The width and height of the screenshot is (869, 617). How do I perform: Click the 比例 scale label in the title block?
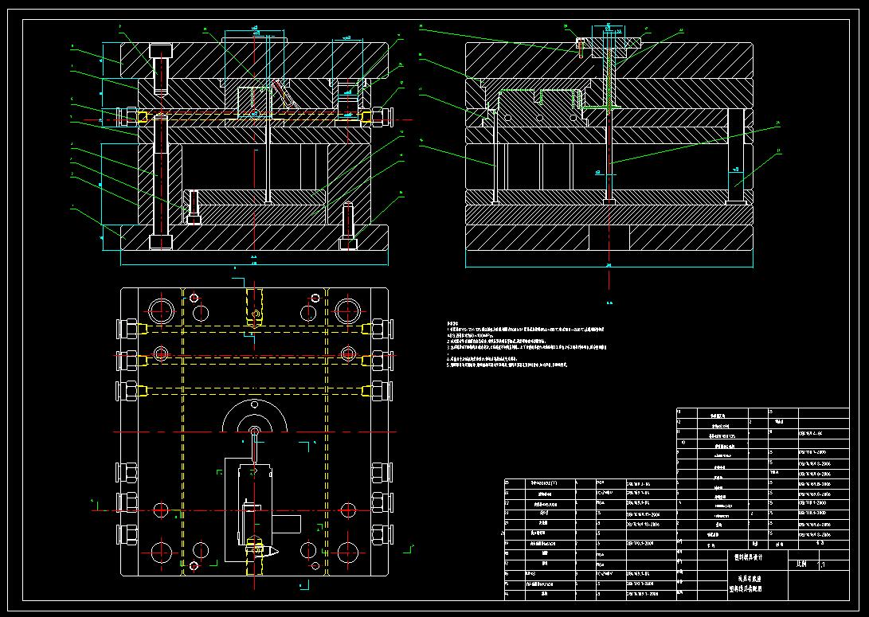click(x=801, y=563)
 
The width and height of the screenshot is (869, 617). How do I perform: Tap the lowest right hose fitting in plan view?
click(x=380, y=532)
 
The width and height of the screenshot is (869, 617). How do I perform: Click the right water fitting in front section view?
click(x=379, y=117)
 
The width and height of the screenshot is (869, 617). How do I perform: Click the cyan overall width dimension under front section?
click(x=254, y=263)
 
